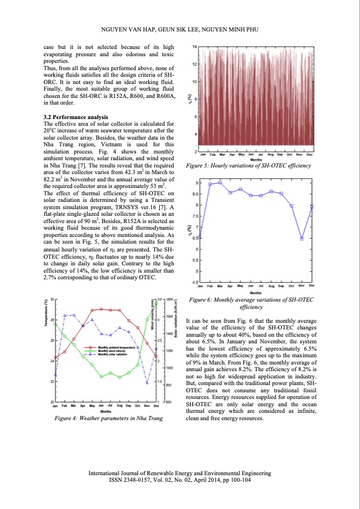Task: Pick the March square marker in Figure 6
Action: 220,182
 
